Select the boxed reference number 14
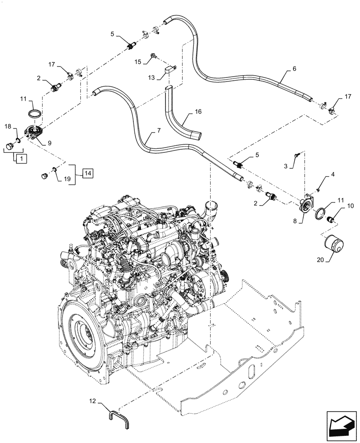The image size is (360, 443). pos(87,173)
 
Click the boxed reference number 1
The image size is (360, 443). pos(20,157)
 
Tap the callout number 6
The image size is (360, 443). pos(294,69)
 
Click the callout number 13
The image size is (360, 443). pos(152,77)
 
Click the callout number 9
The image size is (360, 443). pos(49,143)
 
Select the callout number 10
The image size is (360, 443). pos(350,206)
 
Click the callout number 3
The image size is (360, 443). pos(286,166)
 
